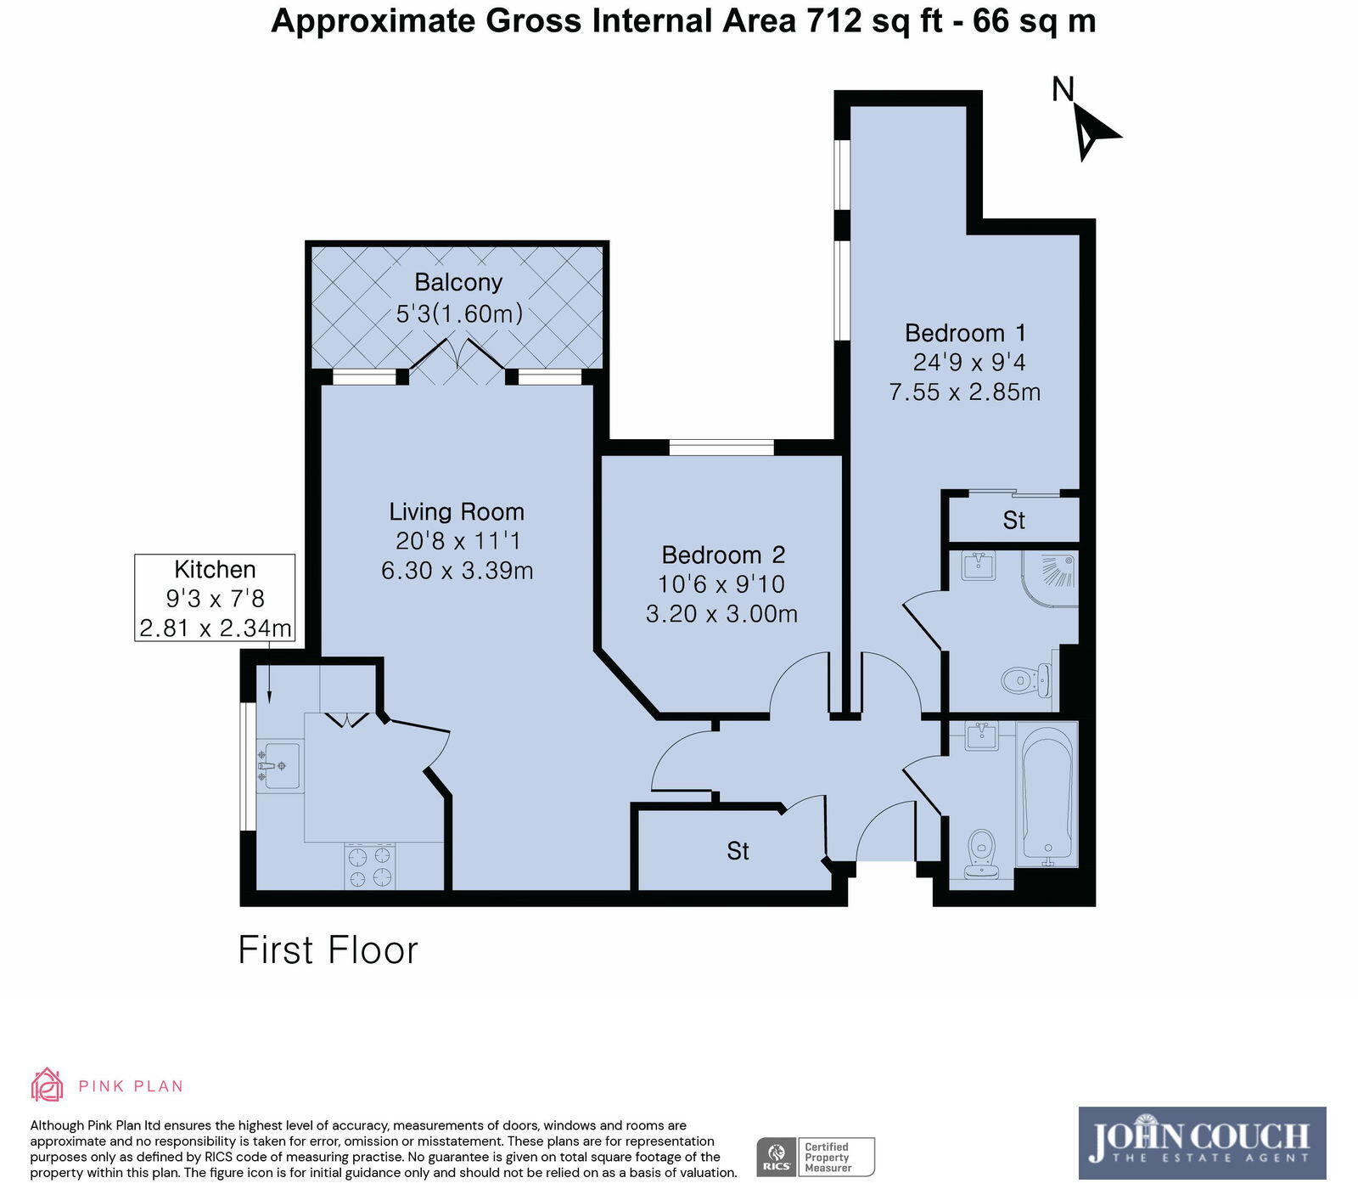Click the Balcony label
458,282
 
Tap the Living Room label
457,511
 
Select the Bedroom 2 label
723,555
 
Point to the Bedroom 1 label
965,332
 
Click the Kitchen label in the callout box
215,569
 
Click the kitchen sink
278,766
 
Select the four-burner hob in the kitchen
370,866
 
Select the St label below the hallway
738,850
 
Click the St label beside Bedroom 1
1013,520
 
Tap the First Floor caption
328,950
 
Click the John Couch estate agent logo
1202,1142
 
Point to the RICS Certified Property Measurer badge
815,1157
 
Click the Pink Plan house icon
47,1085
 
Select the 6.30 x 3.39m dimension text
457,570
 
